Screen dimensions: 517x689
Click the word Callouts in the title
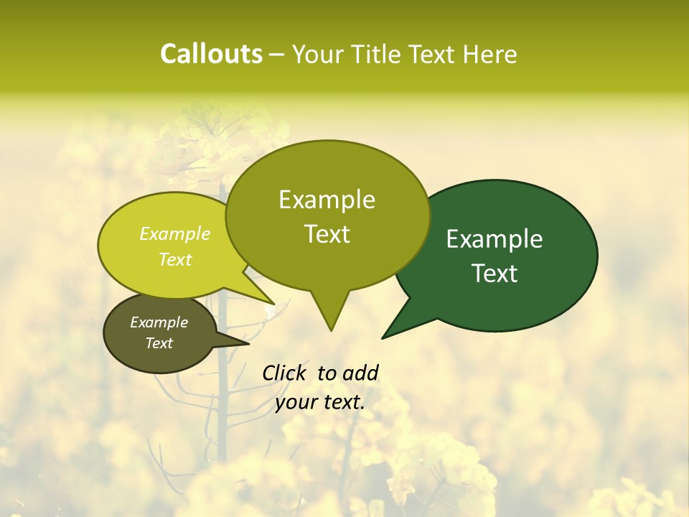click(211, 54)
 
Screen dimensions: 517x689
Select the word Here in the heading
click(489, 55)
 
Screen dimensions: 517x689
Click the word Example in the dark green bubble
click(495, 239)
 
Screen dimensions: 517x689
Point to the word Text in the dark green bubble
click(495, 274)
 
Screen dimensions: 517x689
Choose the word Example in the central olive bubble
click(327, 200)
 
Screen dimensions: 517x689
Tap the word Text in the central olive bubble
click(327, 234)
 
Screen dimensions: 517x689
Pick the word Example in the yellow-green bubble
click(175, 233)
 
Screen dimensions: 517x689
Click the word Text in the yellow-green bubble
click(175, 259)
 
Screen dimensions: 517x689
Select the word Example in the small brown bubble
click(159, 322)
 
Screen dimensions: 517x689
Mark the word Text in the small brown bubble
click(159, 343)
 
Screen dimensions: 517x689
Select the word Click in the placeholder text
click(285, 373)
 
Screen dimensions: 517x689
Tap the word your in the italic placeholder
click(296, 402)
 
